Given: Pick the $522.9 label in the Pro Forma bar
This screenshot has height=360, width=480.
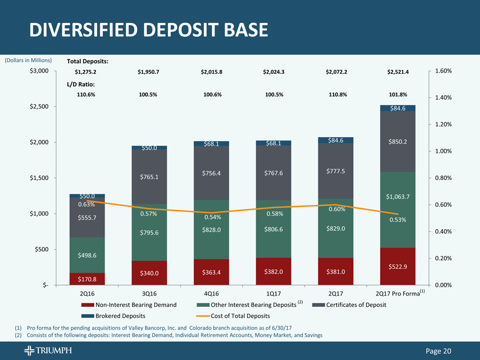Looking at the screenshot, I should coord(398,267).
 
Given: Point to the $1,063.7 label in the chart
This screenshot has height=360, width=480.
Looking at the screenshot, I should coord(398,197).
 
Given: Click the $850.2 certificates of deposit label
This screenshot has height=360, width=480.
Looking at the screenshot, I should coord(398,142).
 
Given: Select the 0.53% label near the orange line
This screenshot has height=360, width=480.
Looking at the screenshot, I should coord(398,220).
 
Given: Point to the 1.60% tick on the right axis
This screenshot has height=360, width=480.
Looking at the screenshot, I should coord(443,71).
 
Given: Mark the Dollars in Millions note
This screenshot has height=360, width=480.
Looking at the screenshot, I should coord(29,60).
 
